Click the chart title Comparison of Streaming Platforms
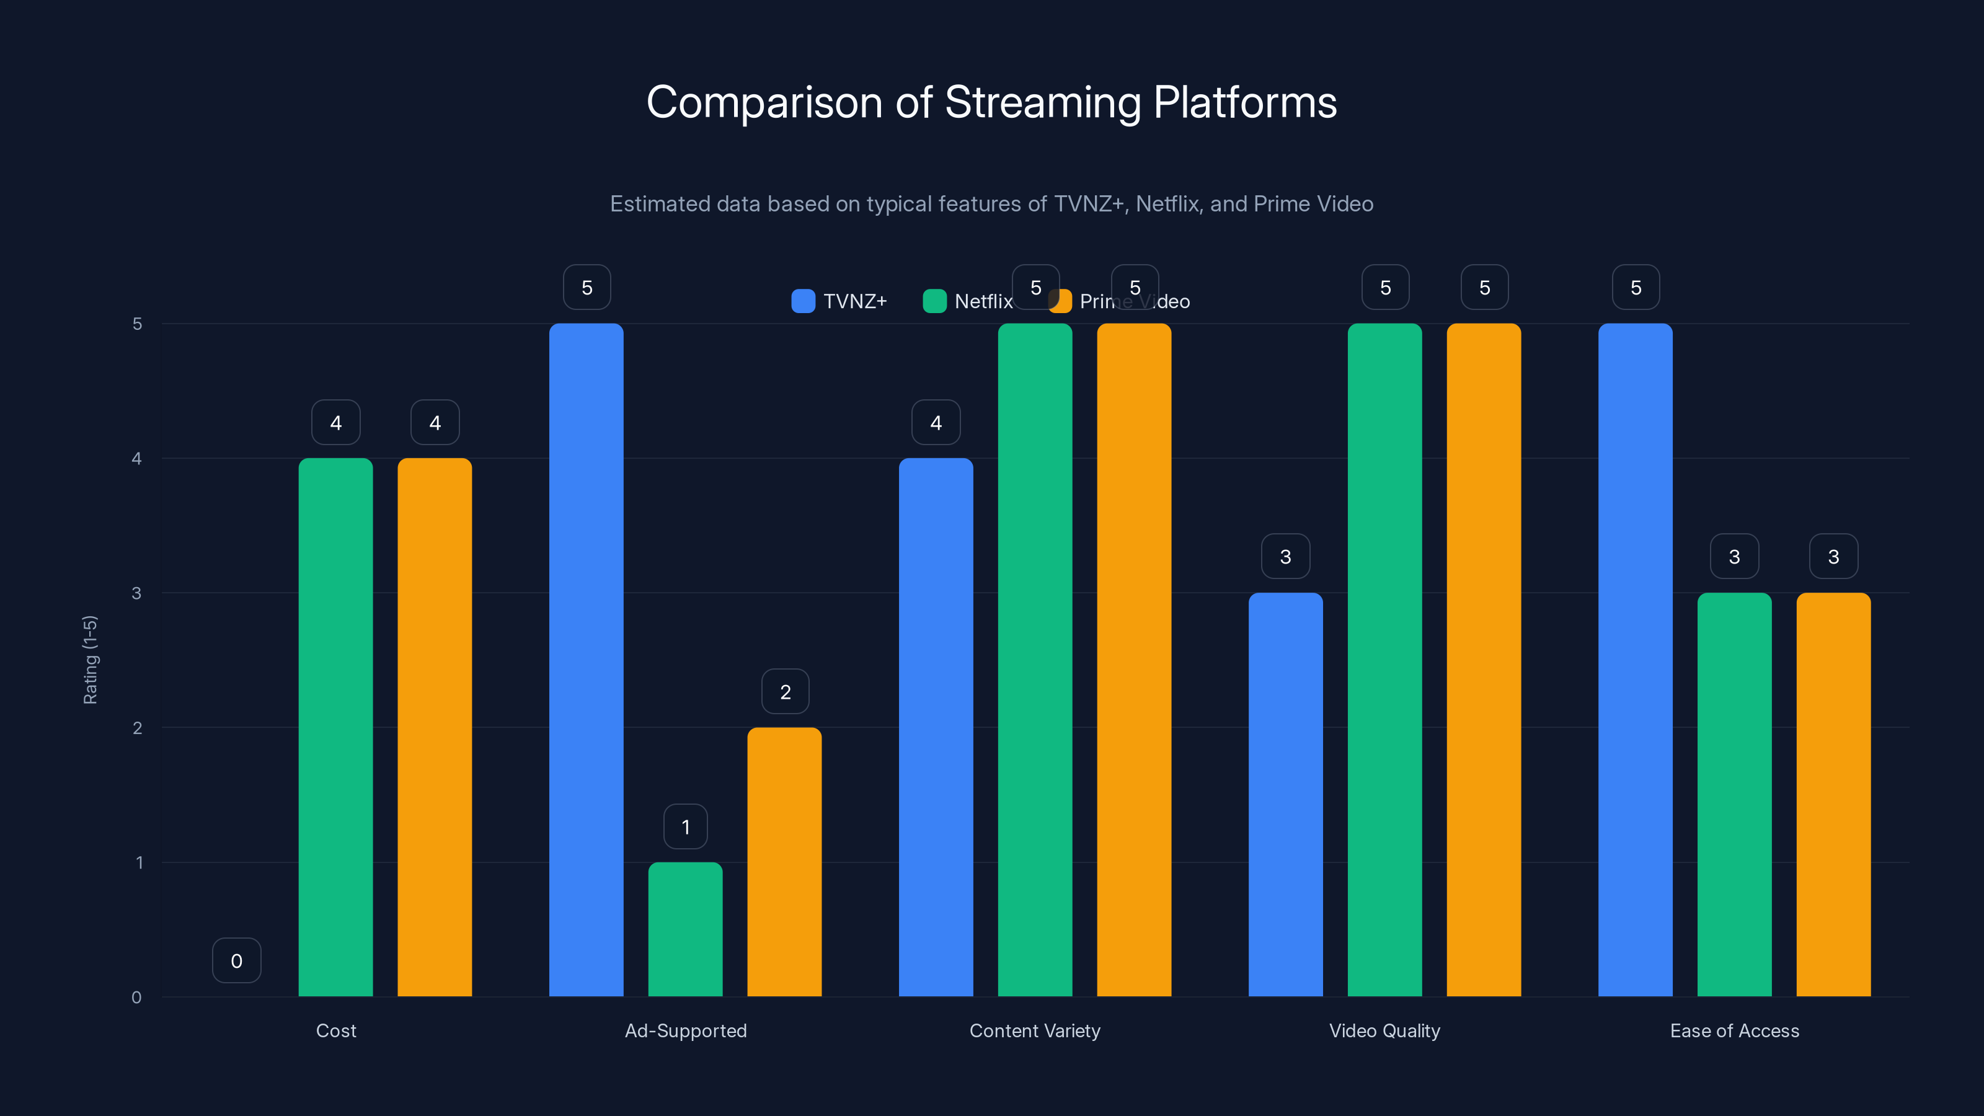pyautogui.click(x=991, y=102)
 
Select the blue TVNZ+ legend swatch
pyautogui.click(x=802, y=301)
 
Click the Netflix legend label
pyautogui.click(x=983, y=301)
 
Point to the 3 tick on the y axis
pyautogui.click(x=136, y=593)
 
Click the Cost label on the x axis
pyautogui.click(x=336, y=1030)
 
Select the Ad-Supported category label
pyautogui.click(x=686, y=1030)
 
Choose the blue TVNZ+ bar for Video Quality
pyautogui.click(x=1285, y=794)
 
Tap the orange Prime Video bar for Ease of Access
pyautogui.click(x=1833, y=794)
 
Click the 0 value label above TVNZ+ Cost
pyautogui.click(x=236, y=960)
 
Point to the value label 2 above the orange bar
pyautogui.click(x=785, y=692)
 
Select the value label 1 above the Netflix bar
pyautogui.click(x=686, y=827)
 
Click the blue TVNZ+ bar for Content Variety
pyautogui.click(x=936, y=727)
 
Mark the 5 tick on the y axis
pyautogui.click(x=137, y=324)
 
